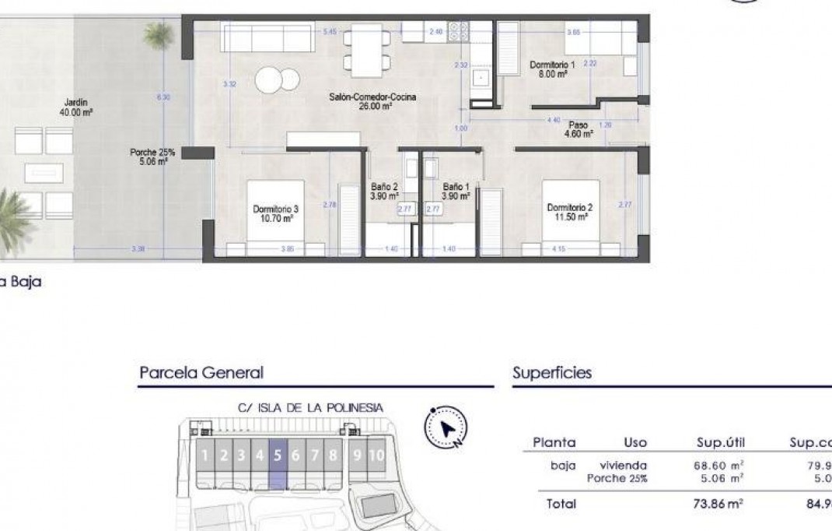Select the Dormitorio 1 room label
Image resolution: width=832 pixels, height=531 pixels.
[x=552, y=69]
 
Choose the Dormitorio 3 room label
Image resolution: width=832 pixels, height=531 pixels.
[x=276, y=213]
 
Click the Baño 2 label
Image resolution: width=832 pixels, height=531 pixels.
[x=384, y=192]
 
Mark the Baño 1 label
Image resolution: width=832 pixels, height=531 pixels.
[x=456, y=192]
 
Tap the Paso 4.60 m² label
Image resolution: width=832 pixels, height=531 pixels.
[x=578, y=128]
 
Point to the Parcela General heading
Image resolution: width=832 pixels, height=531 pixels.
[x=201, y=373]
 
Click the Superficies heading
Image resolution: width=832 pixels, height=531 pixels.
[x=552, y=373]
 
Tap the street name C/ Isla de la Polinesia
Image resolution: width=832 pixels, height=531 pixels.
[x=310, y=407]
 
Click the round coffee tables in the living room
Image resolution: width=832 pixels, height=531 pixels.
[x=278, y=79]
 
